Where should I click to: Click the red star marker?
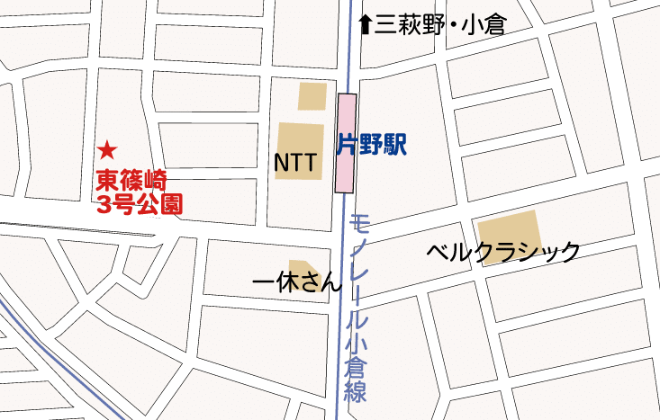[107, 149]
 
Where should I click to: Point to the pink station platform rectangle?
[346, 142]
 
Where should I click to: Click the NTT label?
[294, 163]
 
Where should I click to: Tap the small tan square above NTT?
[312, 96]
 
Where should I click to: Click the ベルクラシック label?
[503, 252]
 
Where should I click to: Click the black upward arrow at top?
[365, 24]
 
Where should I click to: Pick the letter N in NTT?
[281, 163]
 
